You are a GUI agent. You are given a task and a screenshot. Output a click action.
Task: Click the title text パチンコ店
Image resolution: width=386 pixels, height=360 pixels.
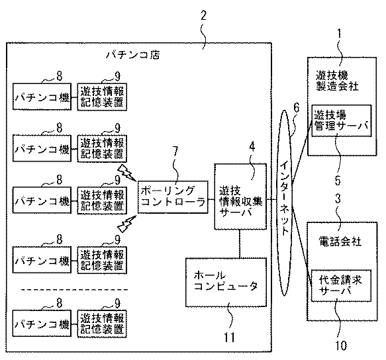coord(132,54)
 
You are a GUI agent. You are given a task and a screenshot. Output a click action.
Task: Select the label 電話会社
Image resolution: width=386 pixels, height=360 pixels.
coord(340,241)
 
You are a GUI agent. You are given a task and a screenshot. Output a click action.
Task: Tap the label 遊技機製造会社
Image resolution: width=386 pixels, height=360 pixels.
coord(337,81)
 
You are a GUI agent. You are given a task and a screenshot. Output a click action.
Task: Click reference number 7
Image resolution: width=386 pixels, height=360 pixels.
coord(175,151)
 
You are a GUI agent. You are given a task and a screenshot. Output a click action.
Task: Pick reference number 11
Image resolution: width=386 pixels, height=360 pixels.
coord(229,337)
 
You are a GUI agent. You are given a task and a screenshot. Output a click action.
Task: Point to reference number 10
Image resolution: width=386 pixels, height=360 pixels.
coord(341,345)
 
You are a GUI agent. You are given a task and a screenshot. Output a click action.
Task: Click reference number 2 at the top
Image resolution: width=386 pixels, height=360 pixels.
coord(203,16)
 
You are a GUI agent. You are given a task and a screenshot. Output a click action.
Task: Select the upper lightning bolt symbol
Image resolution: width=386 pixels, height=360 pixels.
coord(126,173)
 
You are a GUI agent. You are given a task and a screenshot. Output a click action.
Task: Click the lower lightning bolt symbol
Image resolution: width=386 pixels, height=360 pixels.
coord(127,224)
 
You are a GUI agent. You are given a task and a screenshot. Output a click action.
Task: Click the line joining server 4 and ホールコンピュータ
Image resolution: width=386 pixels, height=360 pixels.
coord(240,244)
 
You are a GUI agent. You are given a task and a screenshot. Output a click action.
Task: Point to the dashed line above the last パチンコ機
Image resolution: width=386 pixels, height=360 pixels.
coord(74,290)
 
